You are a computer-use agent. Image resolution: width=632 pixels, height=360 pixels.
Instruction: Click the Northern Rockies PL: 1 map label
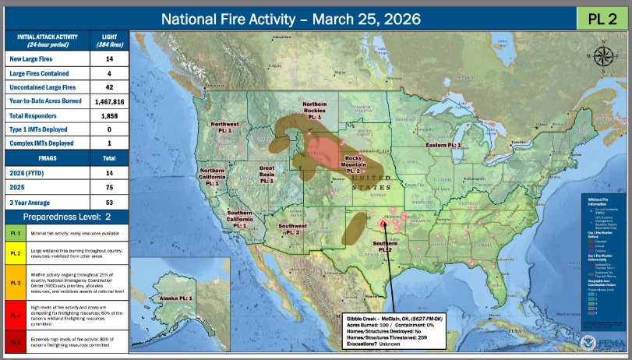coord(314,109)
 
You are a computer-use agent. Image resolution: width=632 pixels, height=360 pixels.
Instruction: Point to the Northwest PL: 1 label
coord(225,127)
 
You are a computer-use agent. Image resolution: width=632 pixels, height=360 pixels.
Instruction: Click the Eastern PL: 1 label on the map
coord(443,146)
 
